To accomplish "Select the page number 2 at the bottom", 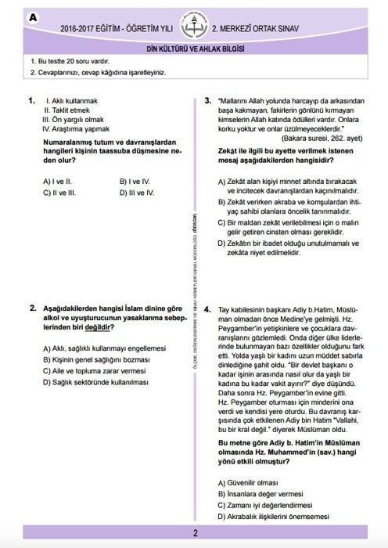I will pos(194,534).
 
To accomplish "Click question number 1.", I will pos(32,101).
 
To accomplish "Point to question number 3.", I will pos(208,101).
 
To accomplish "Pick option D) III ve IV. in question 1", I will pos(138,192).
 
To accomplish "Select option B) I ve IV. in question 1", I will pos(136,181).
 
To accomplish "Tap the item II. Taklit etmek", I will pos(67,110).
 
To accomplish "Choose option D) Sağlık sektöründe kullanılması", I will pos(95,382).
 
